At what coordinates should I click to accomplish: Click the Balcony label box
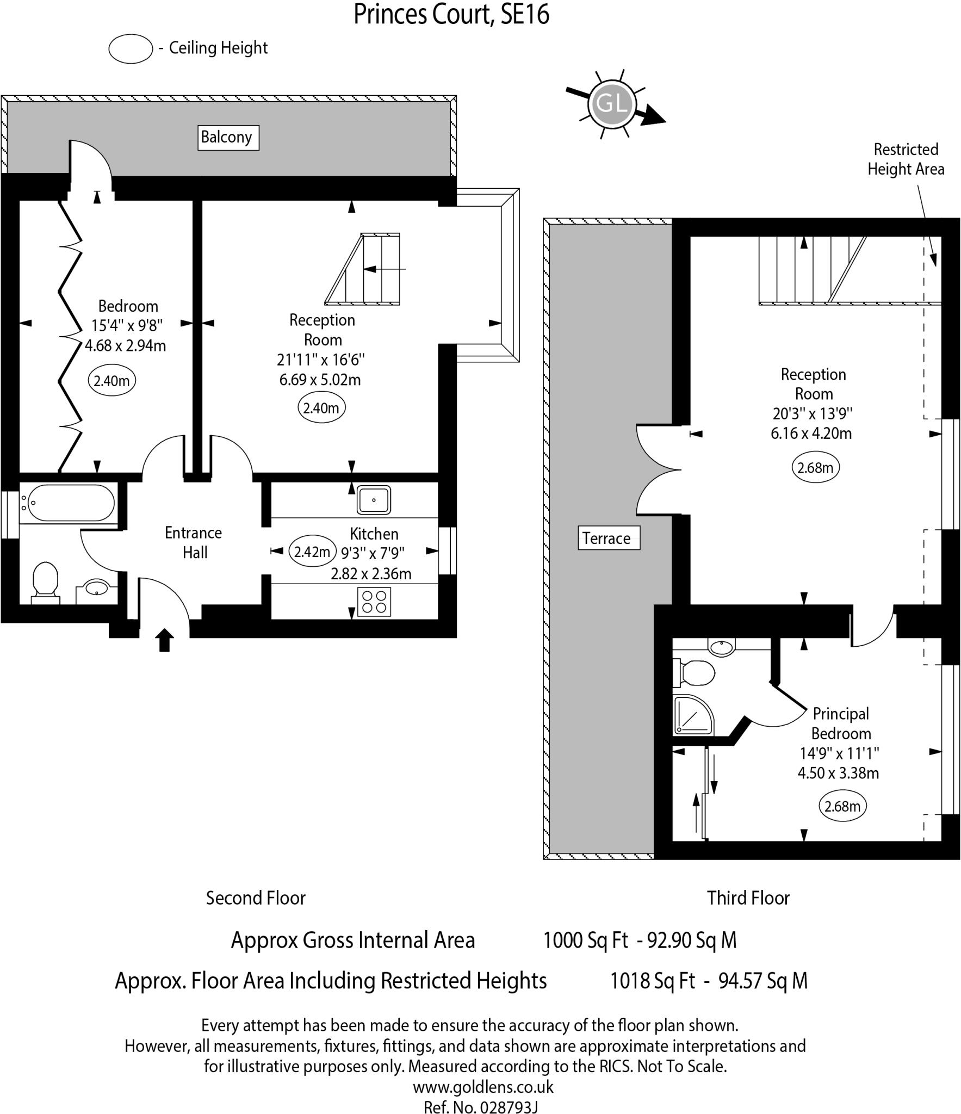pos(228,138)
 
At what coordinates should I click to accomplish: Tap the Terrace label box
pos(609,539)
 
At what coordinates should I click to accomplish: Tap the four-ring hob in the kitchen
pos(374,602)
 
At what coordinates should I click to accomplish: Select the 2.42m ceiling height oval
pos(312,552)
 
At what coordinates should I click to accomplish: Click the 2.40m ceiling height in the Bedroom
pos(111,381)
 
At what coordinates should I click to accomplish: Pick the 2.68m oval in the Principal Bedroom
pos(842,806)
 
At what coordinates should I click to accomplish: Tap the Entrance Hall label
pos(194,542)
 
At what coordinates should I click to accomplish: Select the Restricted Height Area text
pos(906,159)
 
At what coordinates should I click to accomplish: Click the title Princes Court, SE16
pos(451,15)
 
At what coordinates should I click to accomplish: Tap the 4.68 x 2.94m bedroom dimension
pos(125,345)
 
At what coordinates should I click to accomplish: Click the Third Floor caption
pos(748,898)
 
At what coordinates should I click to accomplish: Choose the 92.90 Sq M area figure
pos(692,940)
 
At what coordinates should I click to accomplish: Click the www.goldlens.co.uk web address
pos(483,1087)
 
